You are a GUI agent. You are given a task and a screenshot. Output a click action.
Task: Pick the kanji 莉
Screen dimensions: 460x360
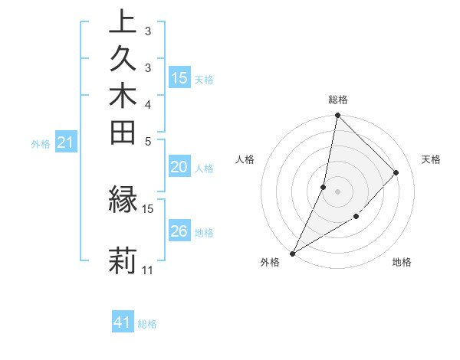[123, 261]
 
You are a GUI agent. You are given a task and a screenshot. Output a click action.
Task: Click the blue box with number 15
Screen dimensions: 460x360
[179, 77]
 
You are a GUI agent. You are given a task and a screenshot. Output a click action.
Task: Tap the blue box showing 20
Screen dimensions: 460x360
[179, 167]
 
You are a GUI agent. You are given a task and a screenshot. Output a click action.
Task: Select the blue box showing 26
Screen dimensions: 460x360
[179, 231]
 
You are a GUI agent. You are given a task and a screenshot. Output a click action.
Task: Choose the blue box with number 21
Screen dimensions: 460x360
[66, 142]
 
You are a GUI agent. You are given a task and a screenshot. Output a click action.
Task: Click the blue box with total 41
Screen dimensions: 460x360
[123, 322]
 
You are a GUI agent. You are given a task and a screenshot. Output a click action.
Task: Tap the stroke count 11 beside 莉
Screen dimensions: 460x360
[148, 270]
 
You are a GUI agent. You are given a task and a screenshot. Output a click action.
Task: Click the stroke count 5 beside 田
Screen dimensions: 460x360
[148, 141]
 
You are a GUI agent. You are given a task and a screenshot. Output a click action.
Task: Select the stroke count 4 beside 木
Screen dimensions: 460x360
[148, 104]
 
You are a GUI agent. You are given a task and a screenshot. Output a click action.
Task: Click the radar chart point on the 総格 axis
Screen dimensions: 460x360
[337, 115]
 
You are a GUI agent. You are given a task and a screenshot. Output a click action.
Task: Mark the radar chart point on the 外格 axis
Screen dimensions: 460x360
[292, 254]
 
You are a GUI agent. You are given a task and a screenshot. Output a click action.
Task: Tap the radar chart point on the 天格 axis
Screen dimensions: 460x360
[396, 172]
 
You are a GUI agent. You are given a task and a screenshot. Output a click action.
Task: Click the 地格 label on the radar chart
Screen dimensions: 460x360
[402, 262]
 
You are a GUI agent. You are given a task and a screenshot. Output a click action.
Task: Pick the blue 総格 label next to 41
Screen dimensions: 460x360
[147, 324]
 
